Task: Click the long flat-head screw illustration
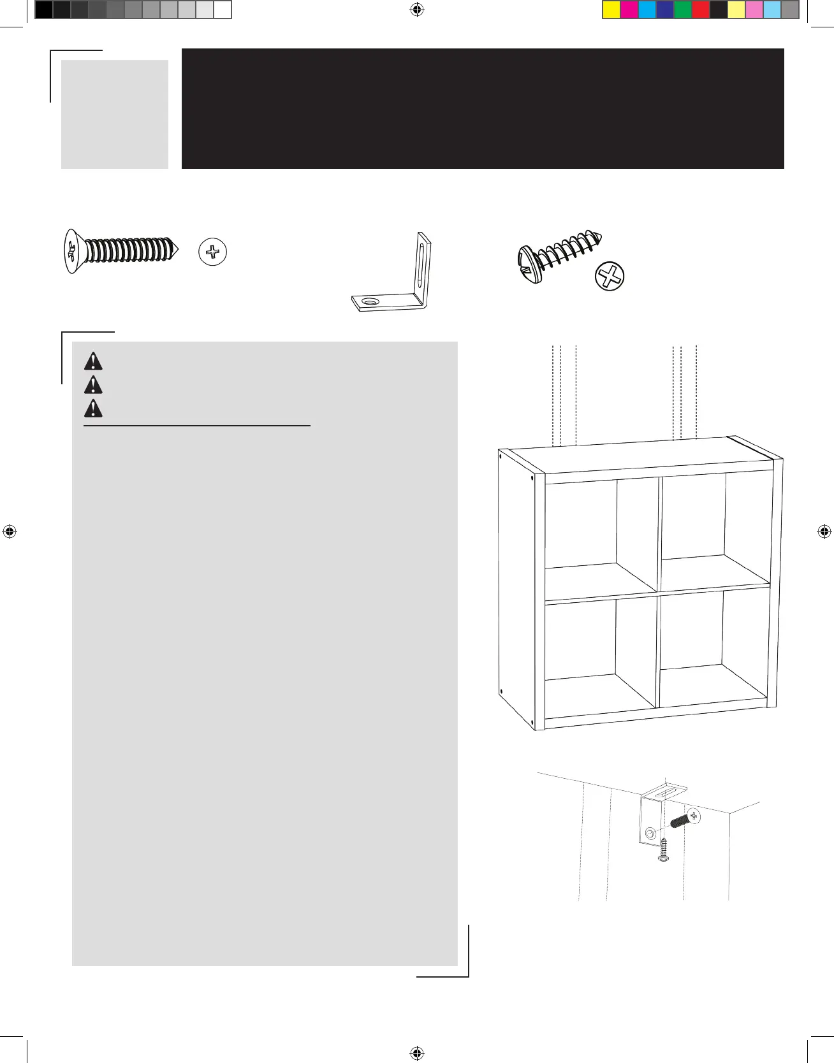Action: pyautogui.click(x=121, y=251)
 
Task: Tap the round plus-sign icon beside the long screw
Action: pyautogui.click(x=213, y=252)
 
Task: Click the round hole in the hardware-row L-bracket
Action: pyautogui.click(x=370, y=301)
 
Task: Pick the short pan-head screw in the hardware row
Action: pyautogui.click(x=559, y=256)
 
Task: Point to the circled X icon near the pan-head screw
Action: pyautogui.click(x=610, y=277)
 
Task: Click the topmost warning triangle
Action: pyautogui.click(x=93, y=361)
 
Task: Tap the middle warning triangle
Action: pyautogui.click(x=93, y=385)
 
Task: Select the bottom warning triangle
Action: pyautogui.click(x=93, y=408)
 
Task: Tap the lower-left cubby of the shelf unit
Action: pyautogui.click(x=599, y=653)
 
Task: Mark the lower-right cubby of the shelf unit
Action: pyautogui.click(x=713, y=647)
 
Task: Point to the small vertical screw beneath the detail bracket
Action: pyautogui.click(x=664, y=851)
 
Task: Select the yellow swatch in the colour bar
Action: pyautogui.click(x=611, y=10)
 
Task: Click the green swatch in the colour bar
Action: pyautogui.click(x=683, y=10)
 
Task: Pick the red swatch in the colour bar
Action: pyautogui.click(x=701, y=10)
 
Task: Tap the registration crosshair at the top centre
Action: pyautogui.click(x=417, y=10)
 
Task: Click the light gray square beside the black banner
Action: pyautogui.click(x=115, y=114)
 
